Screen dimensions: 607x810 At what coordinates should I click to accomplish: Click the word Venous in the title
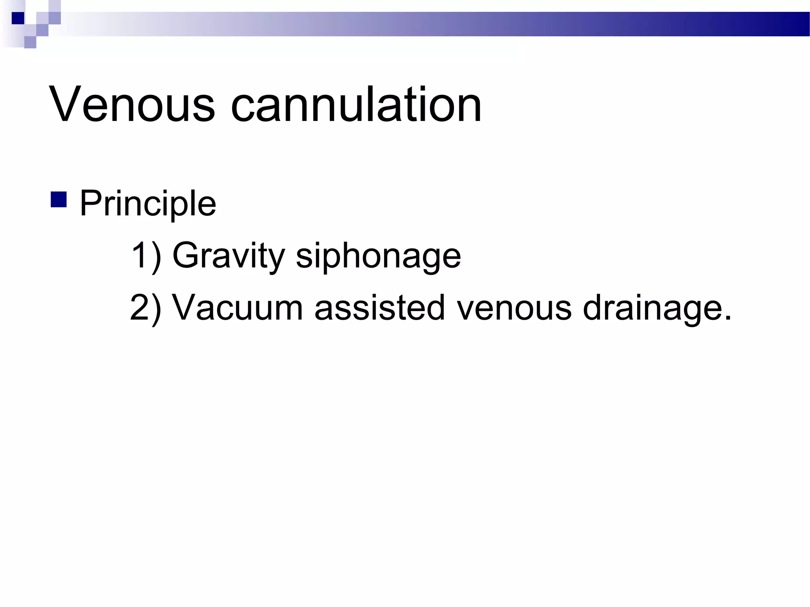pos(132,105)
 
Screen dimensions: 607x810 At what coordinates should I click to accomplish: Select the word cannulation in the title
pos(356,105)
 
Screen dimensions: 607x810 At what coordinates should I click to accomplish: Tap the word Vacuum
pos(238,307)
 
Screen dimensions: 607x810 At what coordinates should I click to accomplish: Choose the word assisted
pos(379,307)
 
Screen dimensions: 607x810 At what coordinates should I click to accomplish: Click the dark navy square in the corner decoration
pos(18,18)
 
